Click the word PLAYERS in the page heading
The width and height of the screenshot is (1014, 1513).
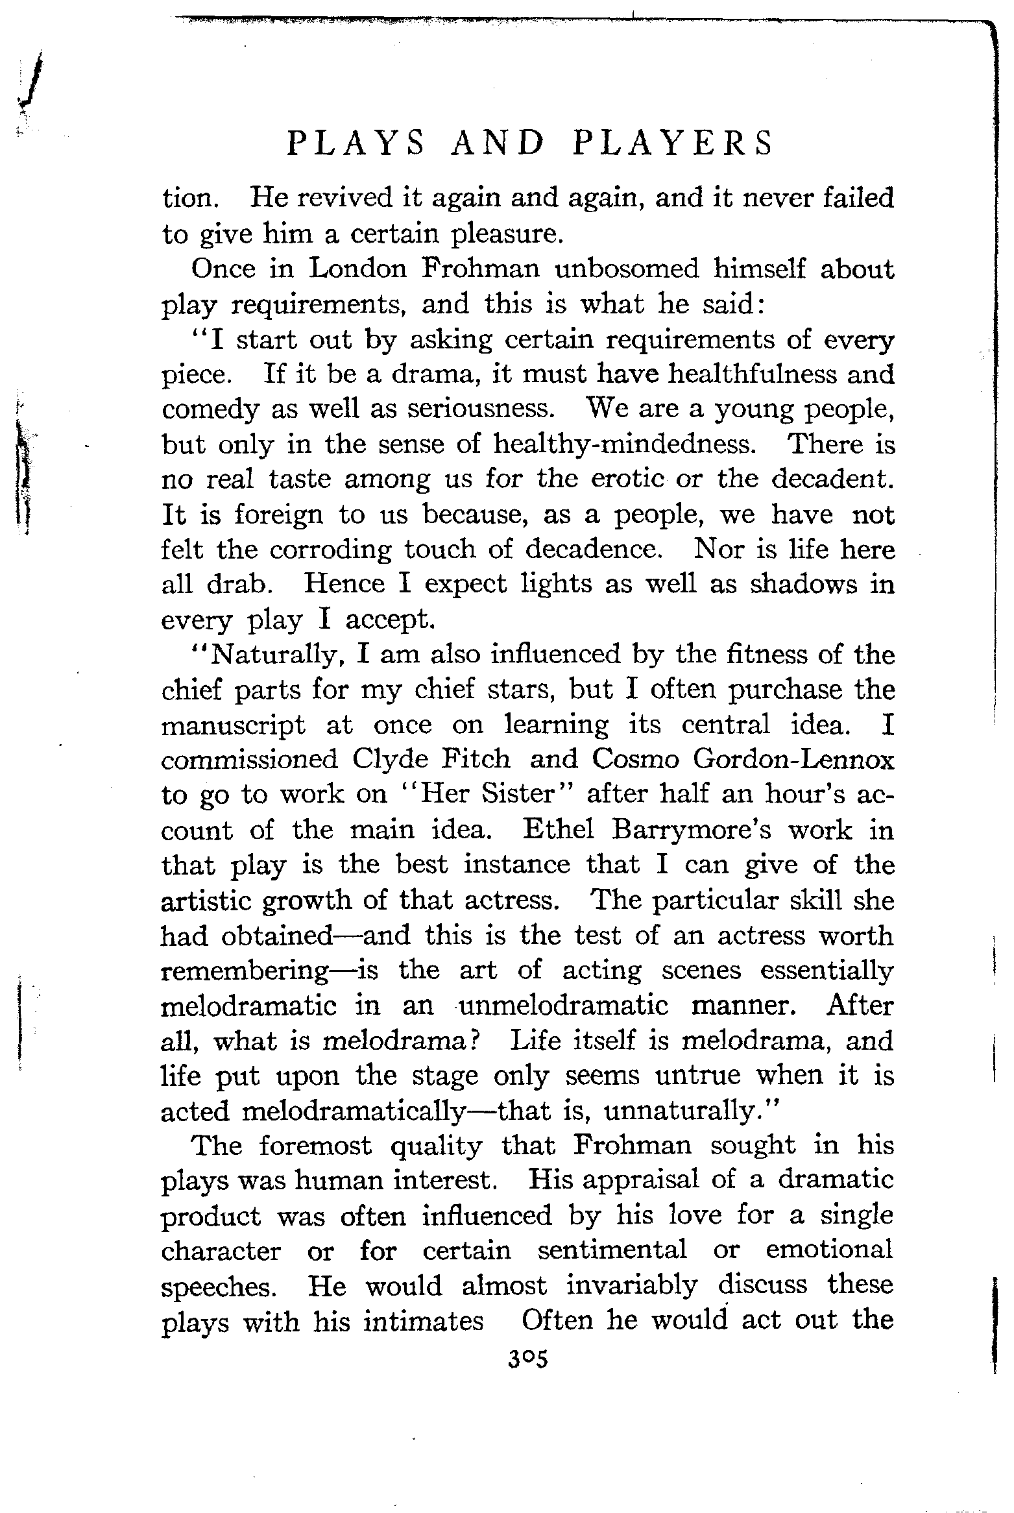pos(673,143)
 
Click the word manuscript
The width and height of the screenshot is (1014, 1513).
pos(233,725)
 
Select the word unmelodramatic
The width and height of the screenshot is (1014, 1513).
pos(562,1005)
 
